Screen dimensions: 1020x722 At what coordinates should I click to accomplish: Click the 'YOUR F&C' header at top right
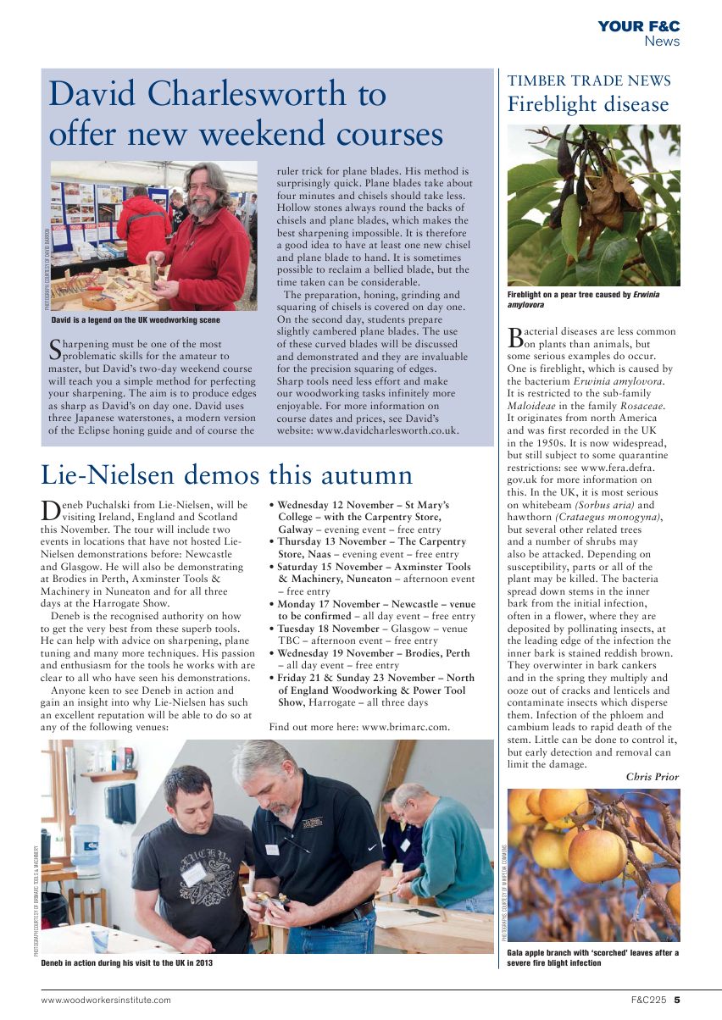pyautogui.click(x=638, y=27)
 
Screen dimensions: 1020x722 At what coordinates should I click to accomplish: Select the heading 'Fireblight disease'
pyautogui.click(x=588, y=105)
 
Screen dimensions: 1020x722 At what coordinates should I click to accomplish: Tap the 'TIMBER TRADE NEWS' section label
pyautogui.click(x=589, y=81)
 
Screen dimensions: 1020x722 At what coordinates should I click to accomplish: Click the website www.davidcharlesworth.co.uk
pyautogui.click(x=388, y=430)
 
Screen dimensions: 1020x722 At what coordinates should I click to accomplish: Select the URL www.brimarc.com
pyautogui.click(x=405, y=726)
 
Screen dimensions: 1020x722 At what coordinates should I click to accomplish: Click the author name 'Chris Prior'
pyautogui.click(x=652, y=776)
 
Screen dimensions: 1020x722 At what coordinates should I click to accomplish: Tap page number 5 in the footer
pyautogui.click(x=677, y=1000)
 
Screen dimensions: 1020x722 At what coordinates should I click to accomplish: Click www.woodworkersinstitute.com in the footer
pyautogui.click(x=106, y=1000)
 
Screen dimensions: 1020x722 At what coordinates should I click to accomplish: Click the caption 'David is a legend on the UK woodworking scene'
pyautogui.click(x=136, y=320)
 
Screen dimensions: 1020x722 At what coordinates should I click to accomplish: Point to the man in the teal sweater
pyautogui.click(x=442, y=847)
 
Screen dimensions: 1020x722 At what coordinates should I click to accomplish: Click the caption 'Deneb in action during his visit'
pyautogui.click(x=127, y=962)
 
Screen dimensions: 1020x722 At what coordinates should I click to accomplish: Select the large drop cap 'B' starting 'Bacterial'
pyautogui.click(x=515, y=339)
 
